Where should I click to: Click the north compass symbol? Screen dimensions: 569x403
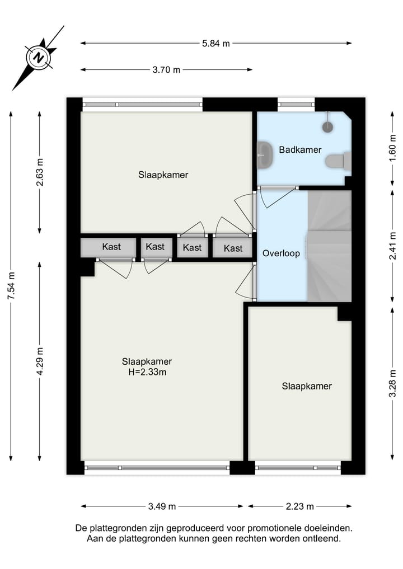pyautogui.click(x=38, y=58)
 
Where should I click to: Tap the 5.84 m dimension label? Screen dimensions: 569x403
pyautogui.click(x=216, y=43)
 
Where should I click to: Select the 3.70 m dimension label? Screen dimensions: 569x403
pyautogui.click(x=166, y=70)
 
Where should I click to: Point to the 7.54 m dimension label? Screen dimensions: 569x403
pyautogui.click(x=11, y=286)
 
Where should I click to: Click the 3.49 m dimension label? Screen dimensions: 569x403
pyautogui.click(x=162, y=506)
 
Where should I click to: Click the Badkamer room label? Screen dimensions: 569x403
pyautogui.click(x=300, y=150)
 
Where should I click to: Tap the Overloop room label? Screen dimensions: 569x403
pyautogui.click(x=281, y=253)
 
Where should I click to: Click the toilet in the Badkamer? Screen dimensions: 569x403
pyautogui.click(x=336, y=161)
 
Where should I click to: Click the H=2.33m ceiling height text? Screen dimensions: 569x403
pyautogui.click(x=147, y=372)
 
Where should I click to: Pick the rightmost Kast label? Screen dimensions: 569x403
pyautogui.click(x=233, y=248)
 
